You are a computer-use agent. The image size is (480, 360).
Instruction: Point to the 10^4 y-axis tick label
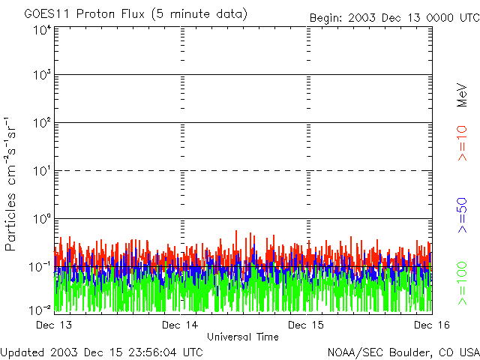coord(41,31)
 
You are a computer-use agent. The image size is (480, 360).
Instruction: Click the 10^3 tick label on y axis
coord(41,76)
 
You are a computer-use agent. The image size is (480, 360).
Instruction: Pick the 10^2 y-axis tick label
coord(41,124)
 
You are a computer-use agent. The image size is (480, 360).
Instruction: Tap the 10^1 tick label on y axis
coord(41,172)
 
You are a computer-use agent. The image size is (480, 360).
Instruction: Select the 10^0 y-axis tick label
coord(41,220)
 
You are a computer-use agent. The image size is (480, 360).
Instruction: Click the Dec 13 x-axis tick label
coord(54,325)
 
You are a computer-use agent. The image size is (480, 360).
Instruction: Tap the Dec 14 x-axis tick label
coord(180,325)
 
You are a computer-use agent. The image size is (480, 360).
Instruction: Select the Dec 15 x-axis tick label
coord(306,325)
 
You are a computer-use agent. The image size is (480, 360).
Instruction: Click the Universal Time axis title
coord(242,337)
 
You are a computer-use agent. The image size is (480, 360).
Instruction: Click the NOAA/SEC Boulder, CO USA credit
coord(403,352)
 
